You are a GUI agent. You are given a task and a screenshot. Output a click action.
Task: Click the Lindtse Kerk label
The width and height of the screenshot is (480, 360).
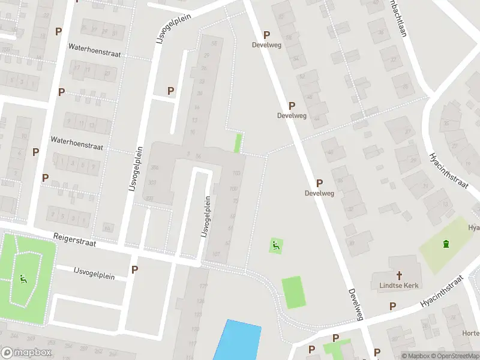(399, 286)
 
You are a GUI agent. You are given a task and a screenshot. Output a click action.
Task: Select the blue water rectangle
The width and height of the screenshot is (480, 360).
(237, 341)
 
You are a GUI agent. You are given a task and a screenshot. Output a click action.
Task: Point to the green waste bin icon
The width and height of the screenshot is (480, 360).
(445, 243)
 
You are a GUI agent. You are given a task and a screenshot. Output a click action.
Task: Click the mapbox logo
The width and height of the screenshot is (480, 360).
(26, 353)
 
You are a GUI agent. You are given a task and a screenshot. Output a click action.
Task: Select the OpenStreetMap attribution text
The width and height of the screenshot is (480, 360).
(454, 356)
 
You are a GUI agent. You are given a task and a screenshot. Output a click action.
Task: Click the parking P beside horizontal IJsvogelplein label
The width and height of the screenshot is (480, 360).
(134, 270)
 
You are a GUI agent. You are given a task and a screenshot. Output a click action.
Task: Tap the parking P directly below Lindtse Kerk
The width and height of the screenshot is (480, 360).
(392, 306)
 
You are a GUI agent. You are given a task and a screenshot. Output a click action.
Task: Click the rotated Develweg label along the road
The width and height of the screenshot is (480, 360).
(356, 304)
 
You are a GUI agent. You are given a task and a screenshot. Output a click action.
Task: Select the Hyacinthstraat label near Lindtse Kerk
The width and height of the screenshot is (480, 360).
(442, 292)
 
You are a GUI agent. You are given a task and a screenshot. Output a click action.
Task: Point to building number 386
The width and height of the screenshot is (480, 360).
(154, 167)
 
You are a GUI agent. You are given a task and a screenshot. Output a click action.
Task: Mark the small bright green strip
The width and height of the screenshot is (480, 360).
(238, 143)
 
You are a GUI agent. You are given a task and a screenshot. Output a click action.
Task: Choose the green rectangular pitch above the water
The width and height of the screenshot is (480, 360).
(293, 292)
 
